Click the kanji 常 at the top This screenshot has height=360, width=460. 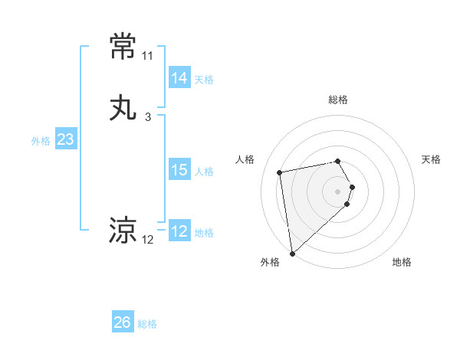(x=123, y=47)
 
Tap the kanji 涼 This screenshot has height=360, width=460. (x=123, y=230)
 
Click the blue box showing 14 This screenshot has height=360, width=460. (x=179, y=78)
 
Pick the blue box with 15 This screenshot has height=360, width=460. (x=179, y=170)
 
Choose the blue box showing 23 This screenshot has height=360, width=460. (x=65, y=139)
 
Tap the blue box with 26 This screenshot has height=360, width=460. (x=122, y=322)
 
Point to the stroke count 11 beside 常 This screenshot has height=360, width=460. (x=147, y=56)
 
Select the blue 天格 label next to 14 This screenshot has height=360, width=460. (x=204, y=80)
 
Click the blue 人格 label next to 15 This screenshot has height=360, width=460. (x=204, y=172)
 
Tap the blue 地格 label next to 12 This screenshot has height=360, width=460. (x=204, y=233)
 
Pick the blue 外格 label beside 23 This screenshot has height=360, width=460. (x=41, y=141)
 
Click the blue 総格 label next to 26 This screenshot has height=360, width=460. (x=147, y=324)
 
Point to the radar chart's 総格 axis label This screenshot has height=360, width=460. (x=338, y=100)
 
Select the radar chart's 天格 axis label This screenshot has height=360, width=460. (x=431, y=159)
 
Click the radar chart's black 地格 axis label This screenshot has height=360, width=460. (x=402, y=262)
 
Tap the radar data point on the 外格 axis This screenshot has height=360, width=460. (x=291, y=253)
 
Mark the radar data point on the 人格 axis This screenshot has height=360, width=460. (x=280, y=172)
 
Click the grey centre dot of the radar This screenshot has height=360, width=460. (x=338, y=191)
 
